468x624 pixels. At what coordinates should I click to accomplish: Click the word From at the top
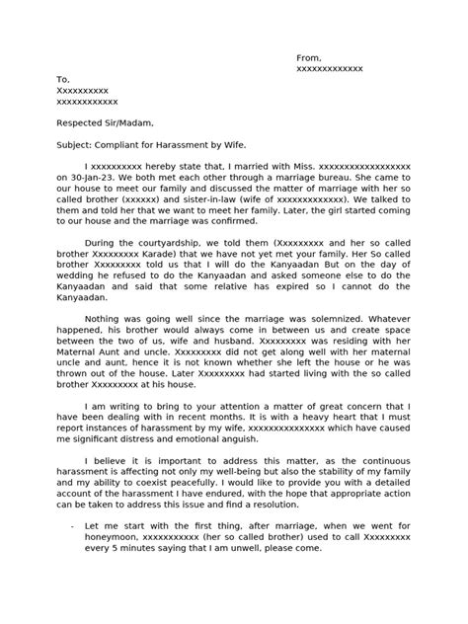pos(308,58)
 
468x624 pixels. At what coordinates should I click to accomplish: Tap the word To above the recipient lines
pos(64,79)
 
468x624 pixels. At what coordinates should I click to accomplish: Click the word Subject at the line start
pos(75,145)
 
